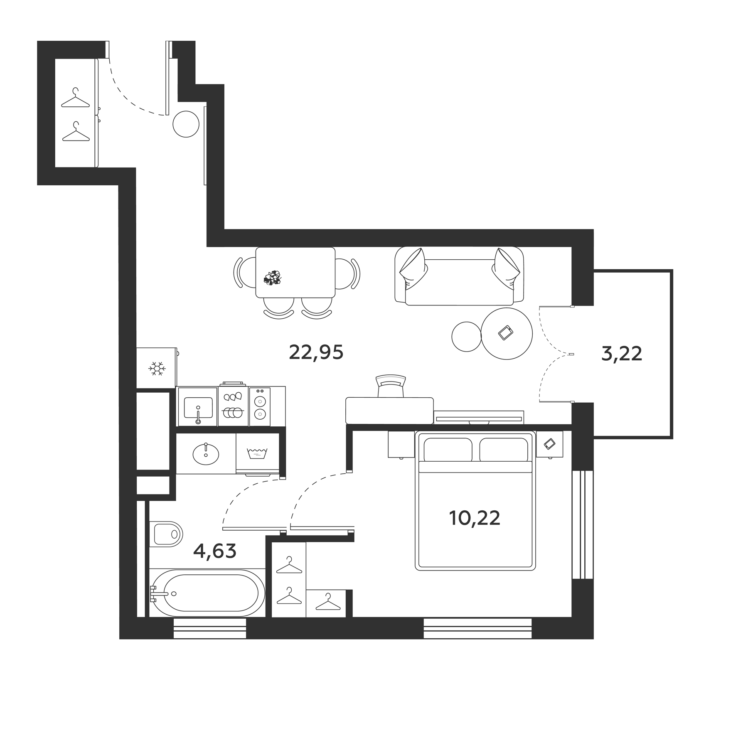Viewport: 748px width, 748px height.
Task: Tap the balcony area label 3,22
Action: (622, 354)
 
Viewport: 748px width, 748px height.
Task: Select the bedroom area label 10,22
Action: (475, 518)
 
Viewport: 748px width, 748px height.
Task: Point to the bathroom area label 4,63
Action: (215, 551)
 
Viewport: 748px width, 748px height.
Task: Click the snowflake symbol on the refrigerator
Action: (157, 369)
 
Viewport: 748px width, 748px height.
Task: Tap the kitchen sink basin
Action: (198, 407)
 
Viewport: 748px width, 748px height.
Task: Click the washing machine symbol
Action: (257, 453)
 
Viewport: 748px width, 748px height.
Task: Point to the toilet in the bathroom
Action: (167, 534)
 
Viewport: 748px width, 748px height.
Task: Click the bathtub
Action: (207, 593)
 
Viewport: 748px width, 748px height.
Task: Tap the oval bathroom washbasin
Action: (206, 454)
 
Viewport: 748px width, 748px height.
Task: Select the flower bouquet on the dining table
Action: (273, 278)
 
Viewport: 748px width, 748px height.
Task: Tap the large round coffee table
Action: (507, 334)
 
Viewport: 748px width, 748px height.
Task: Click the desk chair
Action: (391, 386)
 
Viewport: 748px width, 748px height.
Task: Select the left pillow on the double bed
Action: (448, 450)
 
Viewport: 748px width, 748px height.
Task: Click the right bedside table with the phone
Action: (549, 444)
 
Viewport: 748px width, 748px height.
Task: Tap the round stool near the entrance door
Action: (186, 124)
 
